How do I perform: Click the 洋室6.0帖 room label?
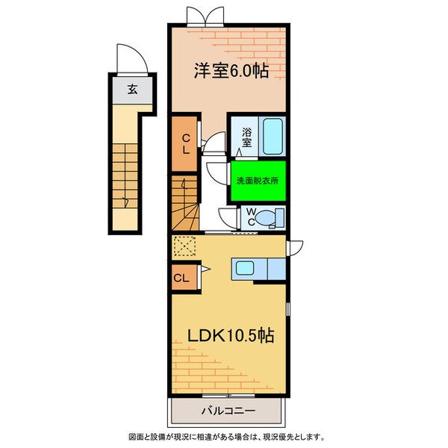pyautogui.click(x=231, y=70)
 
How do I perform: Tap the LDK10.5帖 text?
pyautogui.click(x=225, y=336)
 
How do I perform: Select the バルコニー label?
pyautogui.click(x=228, y=411)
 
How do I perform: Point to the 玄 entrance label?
pyautogui.click(x=131, y=90)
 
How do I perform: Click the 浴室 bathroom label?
pyautogui.click(x=247, y=137)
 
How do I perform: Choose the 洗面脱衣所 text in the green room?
pyautogui.click(x=258, y=181)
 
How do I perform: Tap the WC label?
pyautogui.click(x=252, y=216)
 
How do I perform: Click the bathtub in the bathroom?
pyautogui.click(x=273, y=136)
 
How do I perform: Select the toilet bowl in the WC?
pyautogui.click(x=274, y=217)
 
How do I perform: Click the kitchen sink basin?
pyautogui.click(x=247, y=268)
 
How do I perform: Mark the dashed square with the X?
pyautogui.click(x=184, y=246)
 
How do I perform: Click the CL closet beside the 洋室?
pyautogui.click(x=185, y=142)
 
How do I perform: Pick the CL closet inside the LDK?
pyautogui.click(x=181, y=279)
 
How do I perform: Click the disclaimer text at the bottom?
pyautogui.click(x=224, y=437)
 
